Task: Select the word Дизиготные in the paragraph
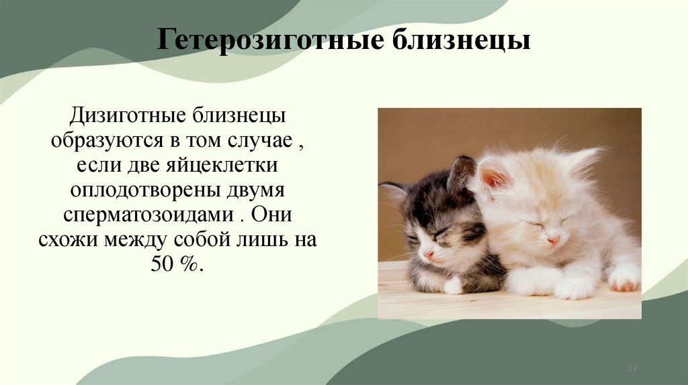[127, 115]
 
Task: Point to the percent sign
[189, 264]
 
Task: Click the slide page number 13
[632, 370]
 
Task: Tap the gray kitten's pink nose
[428, 254]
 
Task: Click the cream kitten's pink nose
[553, 239]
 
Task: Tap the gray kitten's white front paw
[454, 286]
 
